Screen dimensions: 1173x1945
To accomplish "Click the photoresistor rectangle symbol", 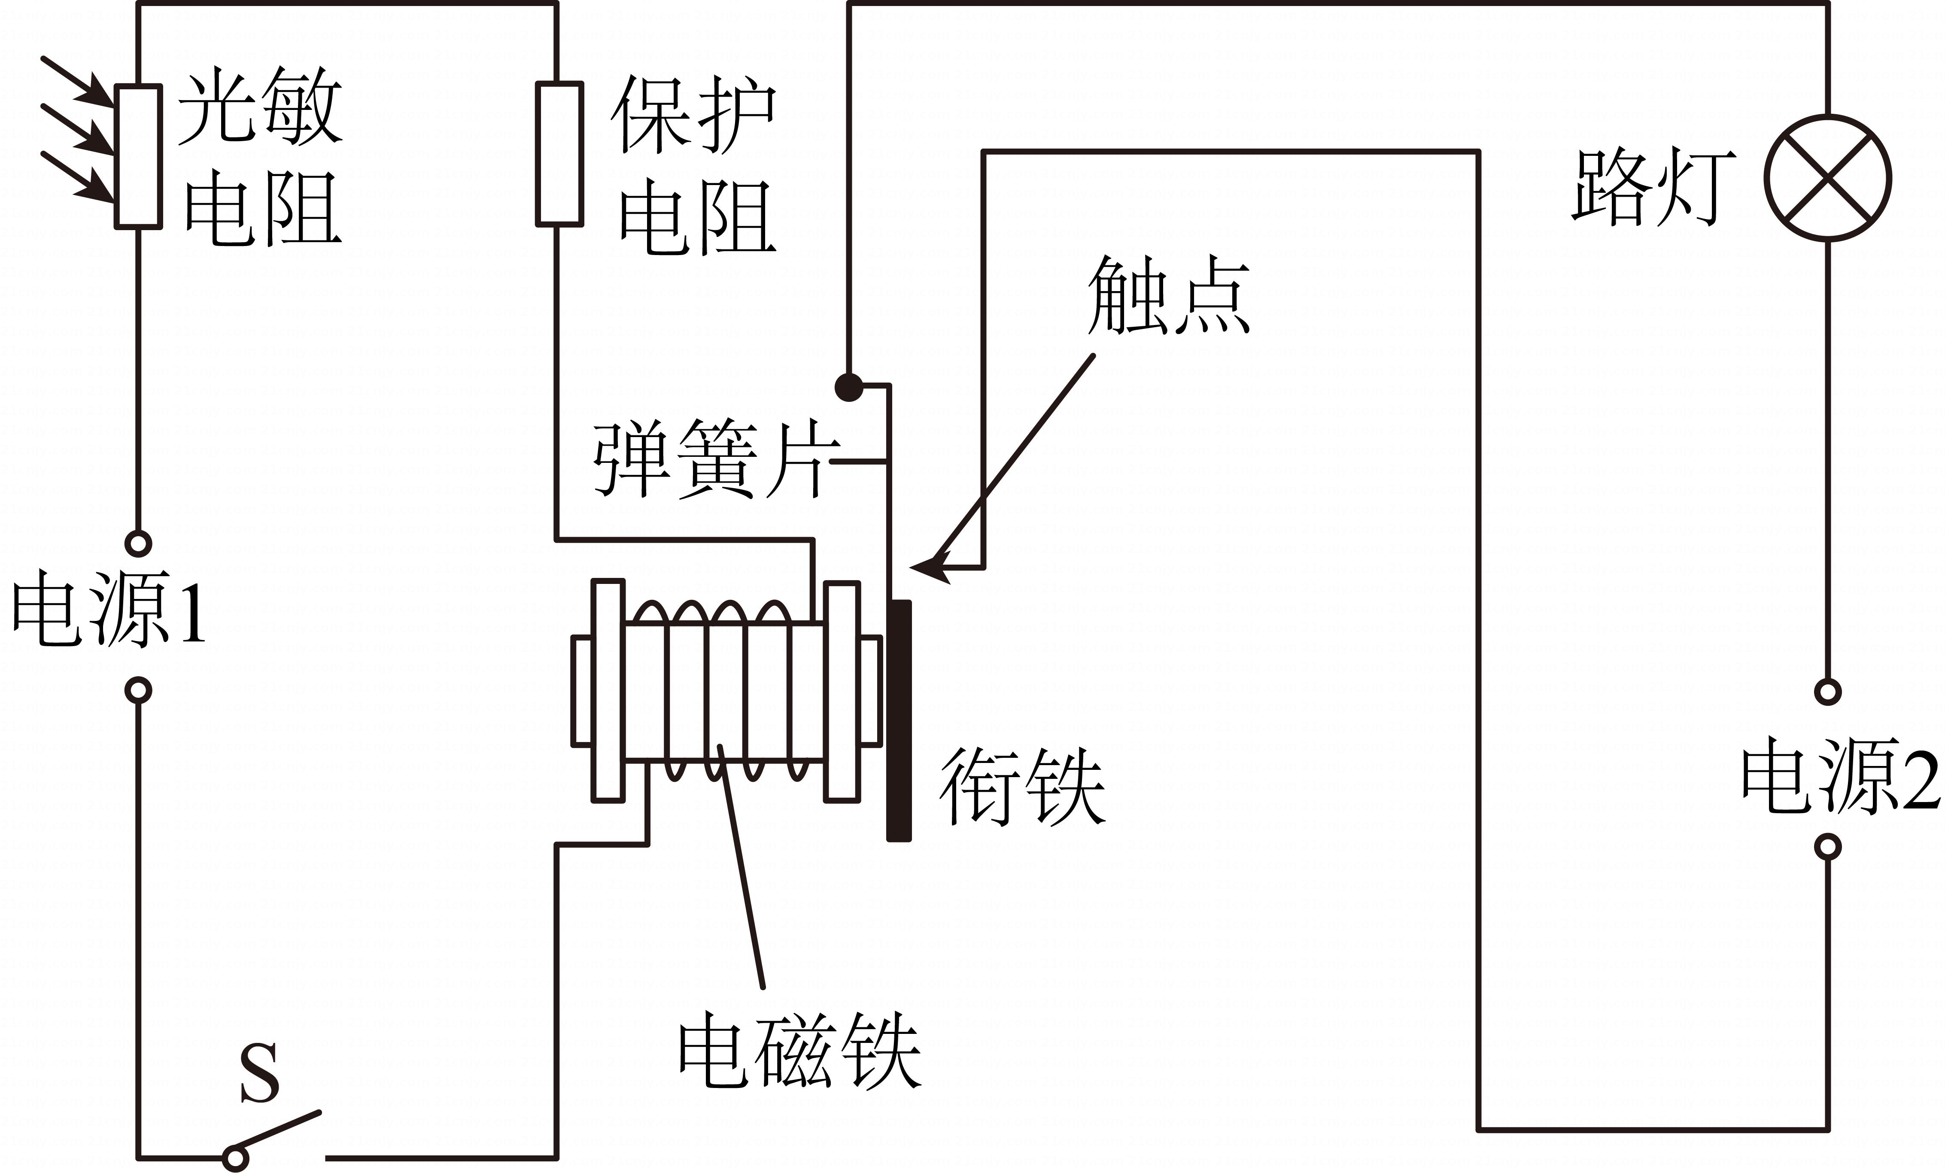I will pos(139,156).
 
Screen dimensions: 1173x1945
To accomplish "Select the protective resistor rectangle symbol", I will pos(559,155).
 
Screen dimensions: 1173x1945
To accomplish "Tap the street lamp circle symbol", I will pos(1827,178).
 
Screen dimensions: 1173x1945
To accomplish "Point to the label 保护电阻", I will pos(695,166).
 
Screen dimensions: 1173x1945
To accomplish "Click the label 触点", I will pos(1168,296).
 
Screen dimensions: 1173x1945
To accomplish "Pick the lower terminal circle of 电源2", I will pos(1827,847).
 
